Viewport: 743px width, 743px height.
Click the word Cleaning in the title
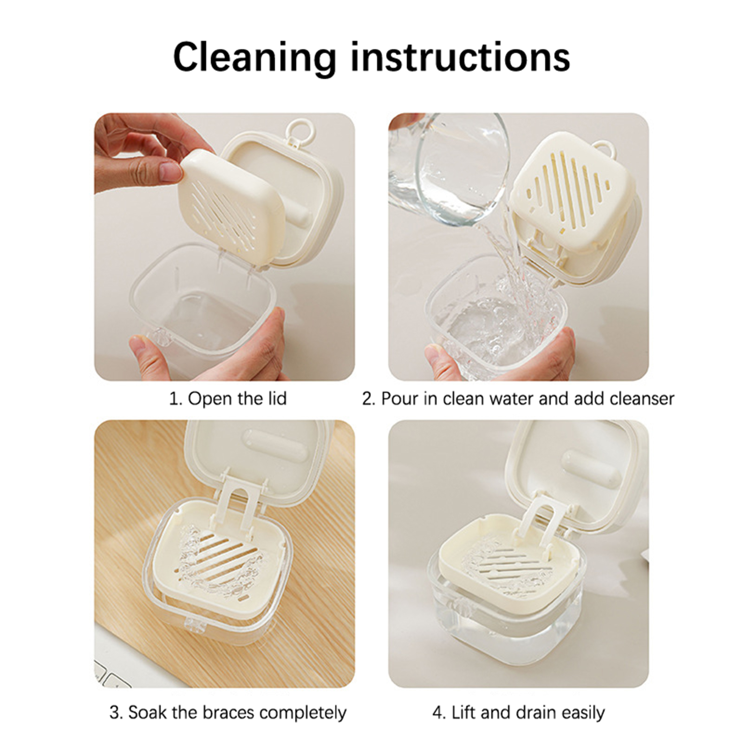click(x=254, y=58)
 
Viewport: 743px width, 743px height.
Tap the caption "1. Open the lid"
click(x=228, y=399)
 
